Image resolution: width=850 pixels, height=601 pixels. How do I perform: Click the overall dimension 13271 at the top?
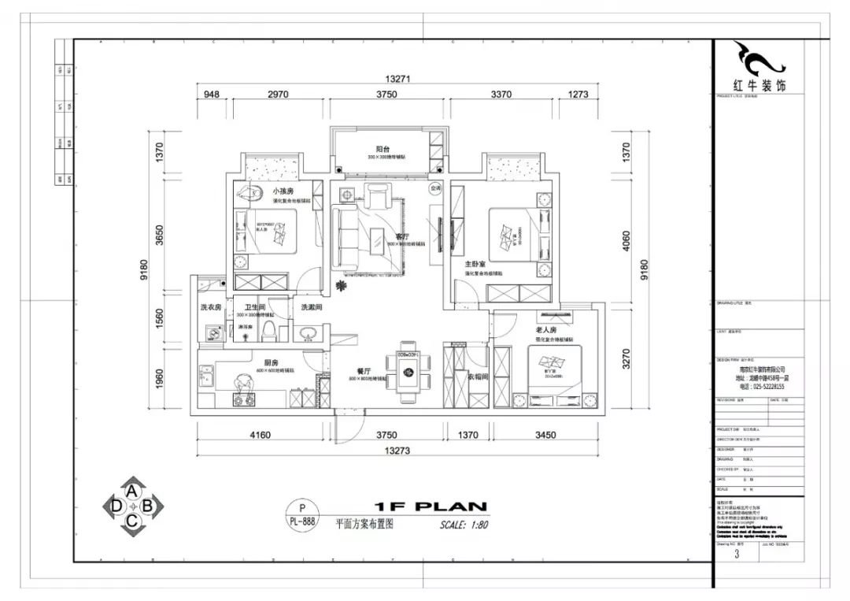coord(399,79)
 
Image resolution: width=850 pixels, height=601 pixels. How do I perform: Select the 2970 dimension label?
coord(278,95)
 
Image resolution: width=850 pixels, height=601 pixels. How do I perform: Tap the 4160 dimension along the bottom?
coord(260,434)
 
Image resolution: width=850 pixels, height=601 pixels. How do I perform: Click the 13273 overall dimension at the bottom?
coord(399,451)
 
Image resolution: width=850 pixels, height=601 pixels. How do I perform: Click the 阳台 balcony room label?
coord(383,148)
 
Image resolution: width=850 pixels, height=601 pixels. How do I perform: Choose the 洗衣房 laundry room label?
coord(210,307)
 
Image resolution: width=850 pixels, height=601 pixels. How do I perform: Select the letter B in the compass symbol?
coord(150,506)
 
